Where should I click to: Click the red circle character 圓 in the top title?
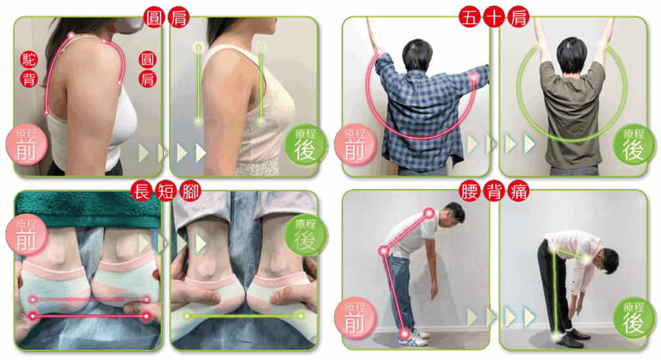click(154, 17)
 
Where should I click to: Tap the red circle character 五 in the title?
click(470, 17)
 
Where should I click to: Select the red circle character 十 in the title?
click(494, 17)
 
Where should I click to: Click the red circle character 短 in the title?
click(166, 191)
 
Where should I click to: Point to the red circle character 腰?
click(470, 191)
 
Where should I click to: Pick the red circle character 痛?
click(518, 191)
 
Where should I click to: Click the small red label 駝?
click(28, 60)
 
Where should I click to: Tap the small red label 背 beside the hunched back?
click(28, 79)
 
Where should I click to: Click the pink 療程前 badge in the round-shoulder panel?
click(26, 145)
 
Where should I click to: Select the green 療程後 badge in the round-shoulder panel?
click(305, 145)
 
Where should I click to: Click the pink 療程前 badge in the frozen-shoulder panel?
click(355, 145)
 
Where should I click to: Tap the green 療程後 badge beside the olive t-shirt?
click(634, 145)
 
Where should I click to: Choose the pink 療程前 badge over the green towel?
click(26, 234)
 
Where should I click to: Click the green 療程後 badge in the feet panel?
click(305, 234)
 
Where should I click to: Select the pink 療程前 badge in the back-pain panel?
click(355, 318)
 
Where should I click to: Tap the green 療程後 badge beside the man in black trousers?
click(634, 318)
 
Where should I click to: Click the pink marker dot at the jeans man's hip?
click(383, 252)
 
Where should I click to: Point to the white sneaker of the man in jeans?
click(415, 337)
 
